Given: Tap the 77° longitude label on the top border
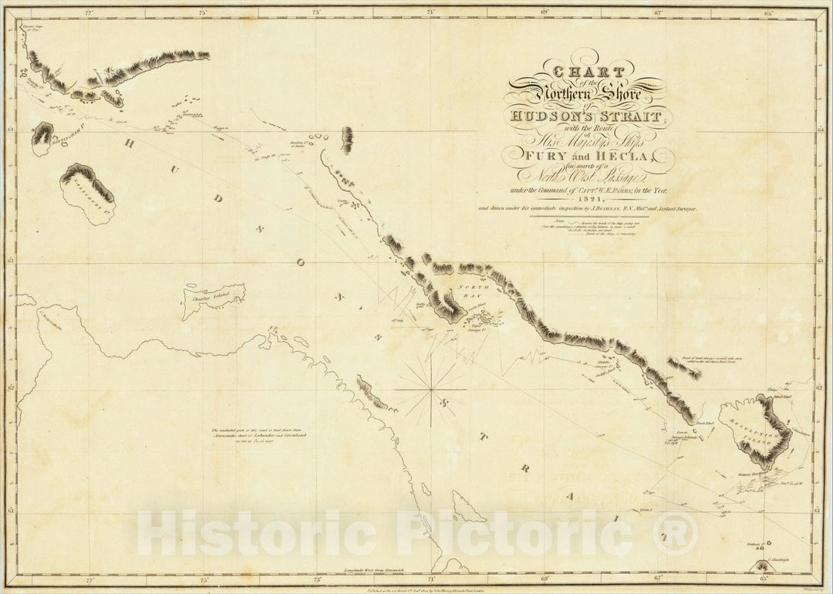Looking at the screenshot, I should pyautogui.click(x=89, y=12).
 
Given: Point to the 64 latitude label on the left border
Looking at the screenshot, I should pyautogui.click(x=8, y=130).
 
